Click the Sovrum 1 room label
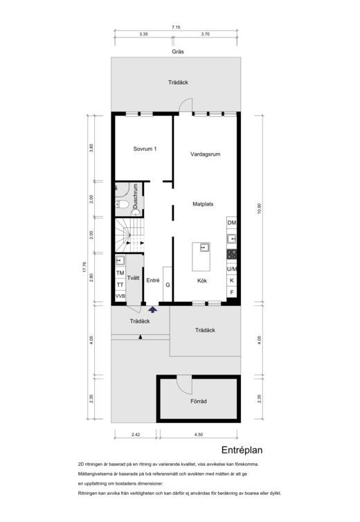[145, 149]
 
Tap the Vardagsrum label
[205, 154]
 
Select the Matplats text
[203, 204]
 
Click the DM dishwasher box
[232, 222]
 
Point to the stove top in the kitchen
[232, 254]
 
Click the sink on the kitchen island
[204, 248]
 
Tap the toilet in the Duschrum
[122, 204]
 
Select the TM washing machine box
[120, 273]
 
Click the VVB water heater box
[120, 296]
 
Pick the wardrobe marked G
[168, 285]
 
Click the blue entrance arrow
[152, 310]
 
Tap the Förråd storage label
[199, 401]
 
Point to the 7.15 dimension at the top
[176, 27]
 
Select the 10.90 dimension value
[260, 208]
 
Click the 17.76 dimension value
[84, 267]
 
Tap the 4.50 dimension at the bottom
[199, 435]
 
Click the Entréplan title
[242, 450]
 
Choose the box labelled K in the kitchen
[232, 280]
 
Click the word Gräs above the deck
[178, 52]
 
